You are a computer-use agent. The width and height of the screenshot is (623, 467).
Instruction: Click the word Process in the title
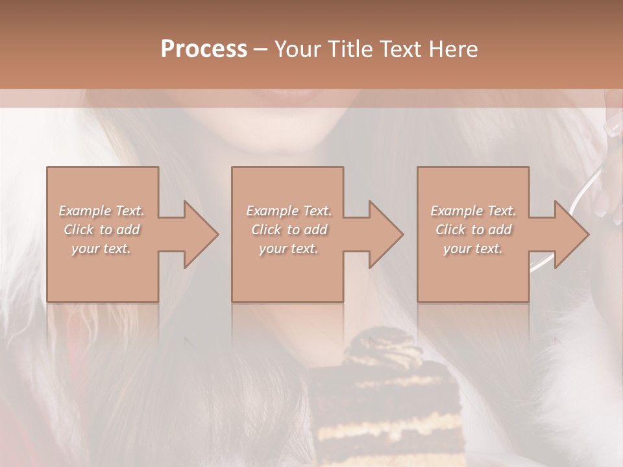[x=204, y=49]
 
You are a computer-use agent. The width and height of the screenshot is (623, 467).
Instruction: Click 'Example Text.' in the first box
[x=102, y=211]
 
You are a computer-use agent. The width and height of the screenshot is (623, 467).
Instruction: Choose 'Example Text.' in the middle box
[x=289, y=211]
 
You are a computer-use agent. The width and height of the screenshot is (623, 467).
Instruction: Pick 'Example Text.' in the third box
[x=473, y=211]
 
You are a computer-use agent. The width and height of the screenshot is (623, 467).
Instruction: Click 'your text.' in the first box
[x=102, y=248]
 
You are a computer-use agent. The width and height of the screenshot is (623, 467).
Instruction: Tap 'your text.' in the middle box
[x=289, y=248]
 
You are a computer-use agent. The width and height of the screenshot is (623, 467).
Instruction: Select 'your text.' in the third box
[x=473, y=248]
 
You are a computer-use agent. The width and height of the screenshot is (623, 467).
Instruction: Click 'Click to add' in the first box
[x=102, y=230]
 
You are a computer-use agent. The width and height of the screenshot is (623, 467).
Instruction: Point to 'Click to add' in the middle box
[x=289, y=230]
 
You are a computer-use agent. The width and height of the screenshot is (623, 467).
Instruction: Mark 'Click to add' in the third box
[x=473, y=230]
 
